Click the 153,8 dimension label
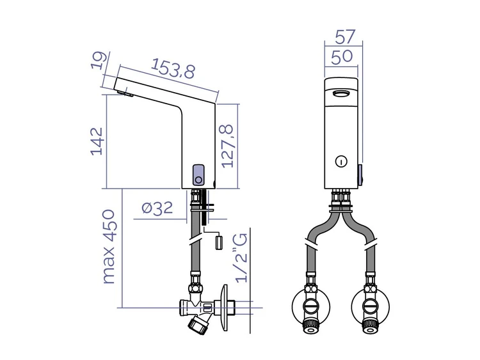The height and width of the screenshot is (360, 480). click(173, 68)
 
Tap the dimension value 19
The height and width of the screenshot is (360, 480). click(99, 61)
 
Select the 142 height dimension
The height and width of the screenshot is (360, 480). click(97, 141)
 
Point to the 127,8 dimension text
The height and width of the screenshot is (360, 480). click(228, 146)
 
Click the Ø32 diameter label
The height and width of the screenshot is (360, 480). click(157, 208)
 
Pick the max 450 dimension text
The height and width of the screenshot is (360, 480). click(109, 247)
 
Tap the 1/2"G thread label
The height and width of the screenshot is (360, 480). click(241, 258)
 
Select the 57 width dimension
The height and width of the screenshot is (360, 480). click(344, 36)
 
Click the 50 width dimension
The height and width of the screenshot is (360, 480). click(342, 57)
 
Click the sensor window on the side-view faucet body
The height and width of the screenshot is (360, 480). click(198, 175)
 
